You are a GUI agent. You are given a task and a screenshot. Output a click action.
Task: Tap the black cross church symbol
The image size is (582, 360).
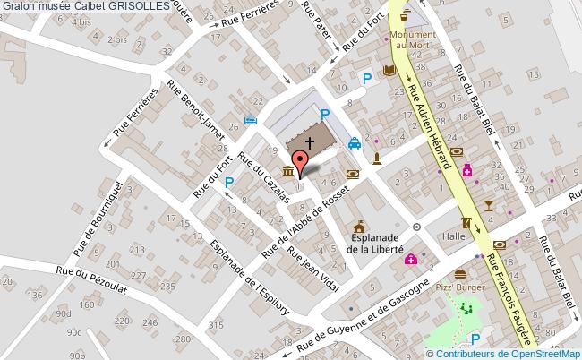[x=310, y=143]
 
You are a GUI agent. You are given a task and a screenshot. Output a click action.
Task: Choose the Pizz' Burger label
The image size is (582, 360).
[x=461, y=288]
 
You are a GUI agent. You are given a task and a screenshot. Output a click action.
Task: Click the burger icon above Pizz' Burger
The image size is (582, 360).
[x=460, y=274]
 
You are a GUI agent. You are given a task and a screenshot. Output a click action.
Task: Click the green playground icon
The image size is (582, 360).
[x=466, y=309]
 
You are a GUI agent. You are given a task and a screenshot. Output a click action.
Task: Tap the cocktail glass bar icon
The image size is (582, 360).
[x=487, y=205]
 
